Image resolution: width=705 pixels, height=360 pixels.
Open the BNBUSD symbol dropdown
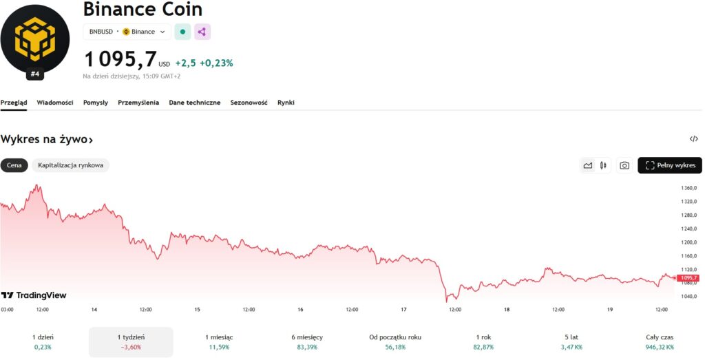127,32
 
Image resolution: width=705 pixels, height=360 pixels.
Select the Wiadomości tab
55,103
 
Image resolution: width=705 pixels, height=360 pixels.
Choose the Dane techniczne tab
195,103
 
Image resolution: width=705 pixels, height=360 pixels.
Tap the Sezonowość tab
249,103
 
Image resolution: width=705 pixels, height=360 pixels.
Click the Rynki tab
286,103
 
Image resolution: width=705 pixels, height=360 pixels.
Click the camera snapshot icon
624,165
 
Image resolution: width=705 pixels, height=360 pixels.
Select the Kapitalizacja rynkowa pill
70,165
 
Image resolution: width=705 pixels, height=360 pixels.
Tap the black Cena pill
14,165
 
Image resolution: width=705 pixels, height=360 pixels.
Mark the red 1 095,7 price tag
688,278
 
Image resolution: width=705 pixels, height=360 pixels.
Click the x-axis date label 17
403,310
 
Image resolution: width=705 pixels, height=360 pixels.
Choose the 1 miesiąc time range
219,341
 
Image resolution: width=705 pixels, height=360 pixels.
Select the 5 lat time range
570,341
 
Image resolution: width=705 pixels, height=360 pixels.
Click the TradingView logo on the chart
34,295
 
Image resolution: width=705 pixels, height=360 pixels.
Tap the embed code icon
693,139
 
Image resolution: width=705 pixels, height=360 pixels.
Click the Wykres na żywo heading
47,140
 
